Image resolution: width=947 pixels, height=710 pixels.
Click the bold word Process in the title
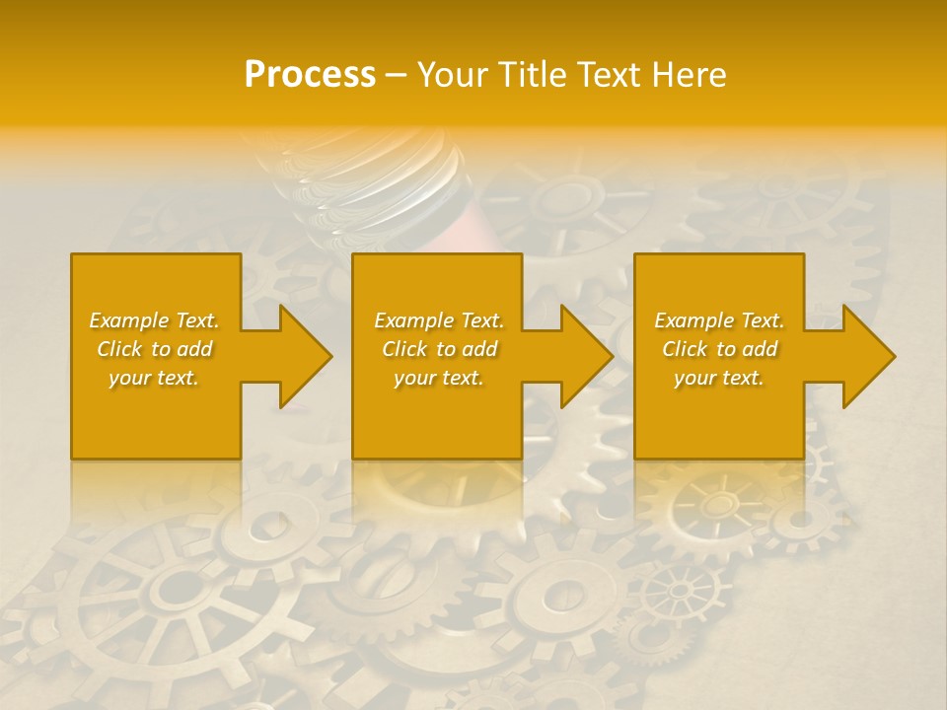tap(310, 75)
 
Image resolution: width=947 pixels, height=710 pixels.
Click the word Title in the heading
tap(532, 75)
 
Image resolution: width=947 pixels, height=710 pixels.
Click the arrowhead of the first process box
tap(302, 356)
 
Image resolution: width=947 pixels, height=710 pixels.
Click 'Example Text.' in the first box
tap(154, 320)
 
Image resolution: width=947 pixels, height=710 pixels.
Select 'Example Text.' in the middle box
tap(439, 320)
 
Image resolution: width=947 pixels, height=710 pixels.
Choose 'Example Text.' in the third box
tap(719, 320)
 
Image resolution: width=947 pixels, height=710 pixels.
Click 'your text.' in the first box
tap(154, 378)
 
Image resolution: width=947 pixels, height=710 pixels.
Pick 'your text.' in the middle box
tap(439, 378)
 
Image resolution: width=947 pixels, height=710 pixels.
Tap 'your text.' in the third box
tap(719, 378)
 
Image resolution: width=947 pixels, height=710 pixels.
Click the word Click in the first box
tap(120, 349)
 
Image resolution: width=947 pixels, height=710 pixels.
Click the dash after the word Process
tap(396, 75)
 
